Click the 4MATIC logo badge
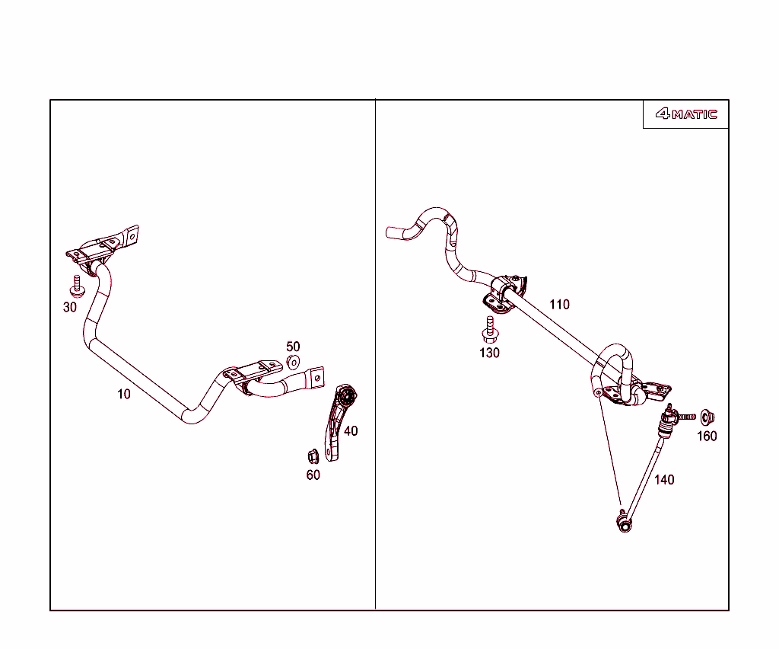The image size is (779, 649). pos(686,114)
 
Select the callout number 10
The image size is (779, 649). pos(124,395)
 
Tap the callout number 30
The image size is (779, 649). pos(70,307)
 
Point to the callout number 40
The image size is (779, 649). pos(351,431)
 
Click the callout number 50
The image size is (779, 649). pos(293,347)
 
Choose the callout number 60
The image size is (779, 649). pos(313,475)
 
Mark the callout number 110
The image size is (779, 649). pos(559,305)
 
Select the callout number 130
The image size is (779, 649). pos(489,353)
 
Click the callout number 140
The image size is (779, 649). pos(664,480)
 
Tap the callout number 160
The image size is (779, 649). pos(707,436)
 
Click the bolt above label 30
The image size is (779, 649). pos(77,286)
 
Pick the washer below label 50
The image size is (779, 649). pos(294,363)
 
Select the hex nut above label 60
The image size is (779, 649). pos(313,456)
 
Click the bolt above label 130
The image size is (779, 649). pos(491,330)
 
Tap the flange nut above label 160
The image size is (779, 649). pos(707,417)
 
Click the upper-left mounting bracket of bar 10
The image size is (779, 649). pos(103,248)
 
